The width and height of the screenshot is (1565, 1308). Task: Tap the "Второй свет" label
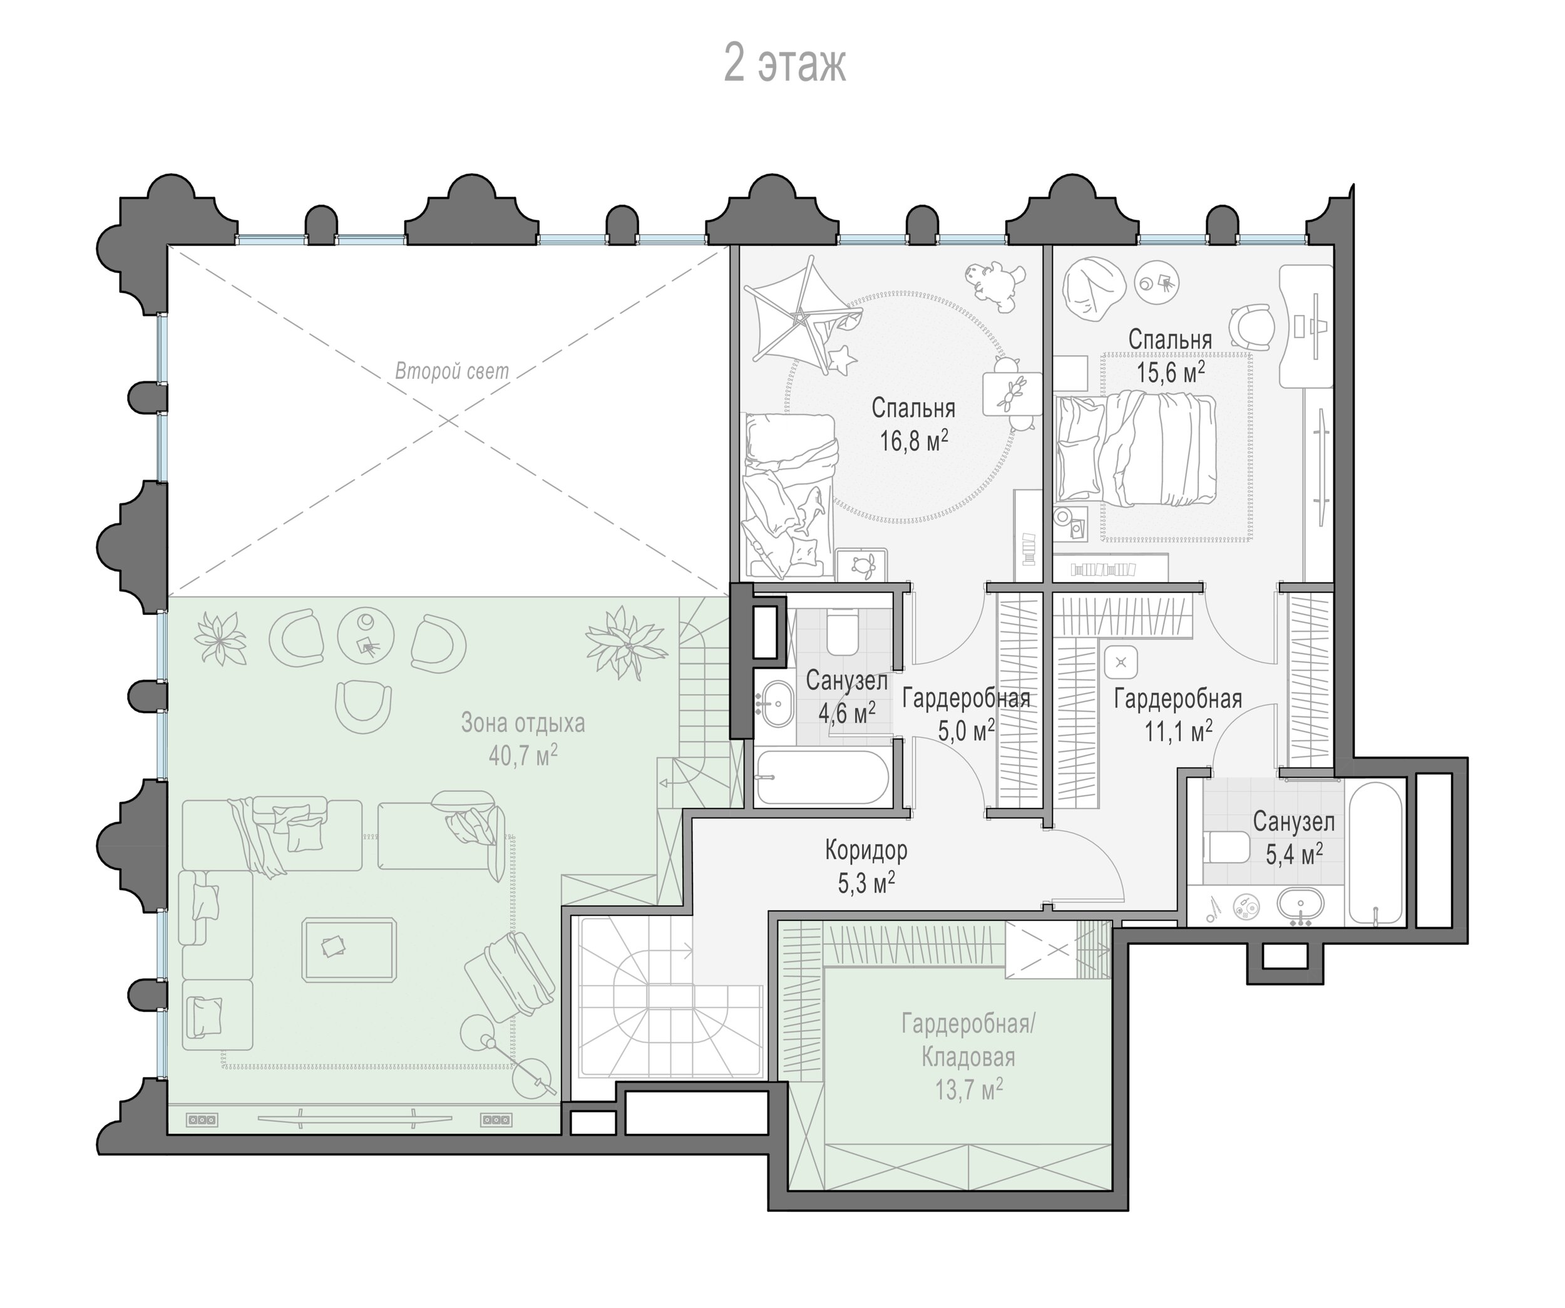tap(451, 371)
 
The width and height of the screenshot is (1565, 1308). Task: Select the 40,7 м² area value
tap(523, 755)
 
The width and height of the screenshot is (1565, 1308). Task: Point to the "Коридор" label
tap(866, 850)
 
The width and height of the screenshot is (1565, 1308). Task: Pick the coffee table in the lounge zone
tap(349, 949)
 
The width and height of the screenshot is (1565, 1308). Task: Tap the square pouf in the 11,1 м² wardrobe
tap(1121, 661)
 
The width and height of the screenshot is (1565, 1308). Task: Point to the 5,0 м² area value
tap(966, 731)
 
